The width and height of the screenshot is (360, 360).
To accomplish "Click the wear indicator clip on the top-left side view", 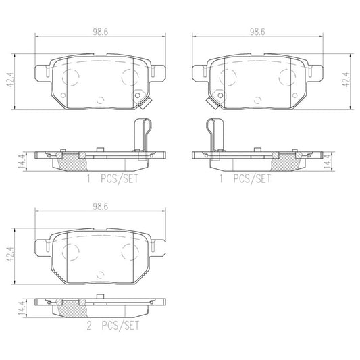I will pos(139,132).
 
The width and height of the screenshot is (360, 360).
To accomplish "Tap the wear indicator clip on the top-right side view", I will pos(216,132).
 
